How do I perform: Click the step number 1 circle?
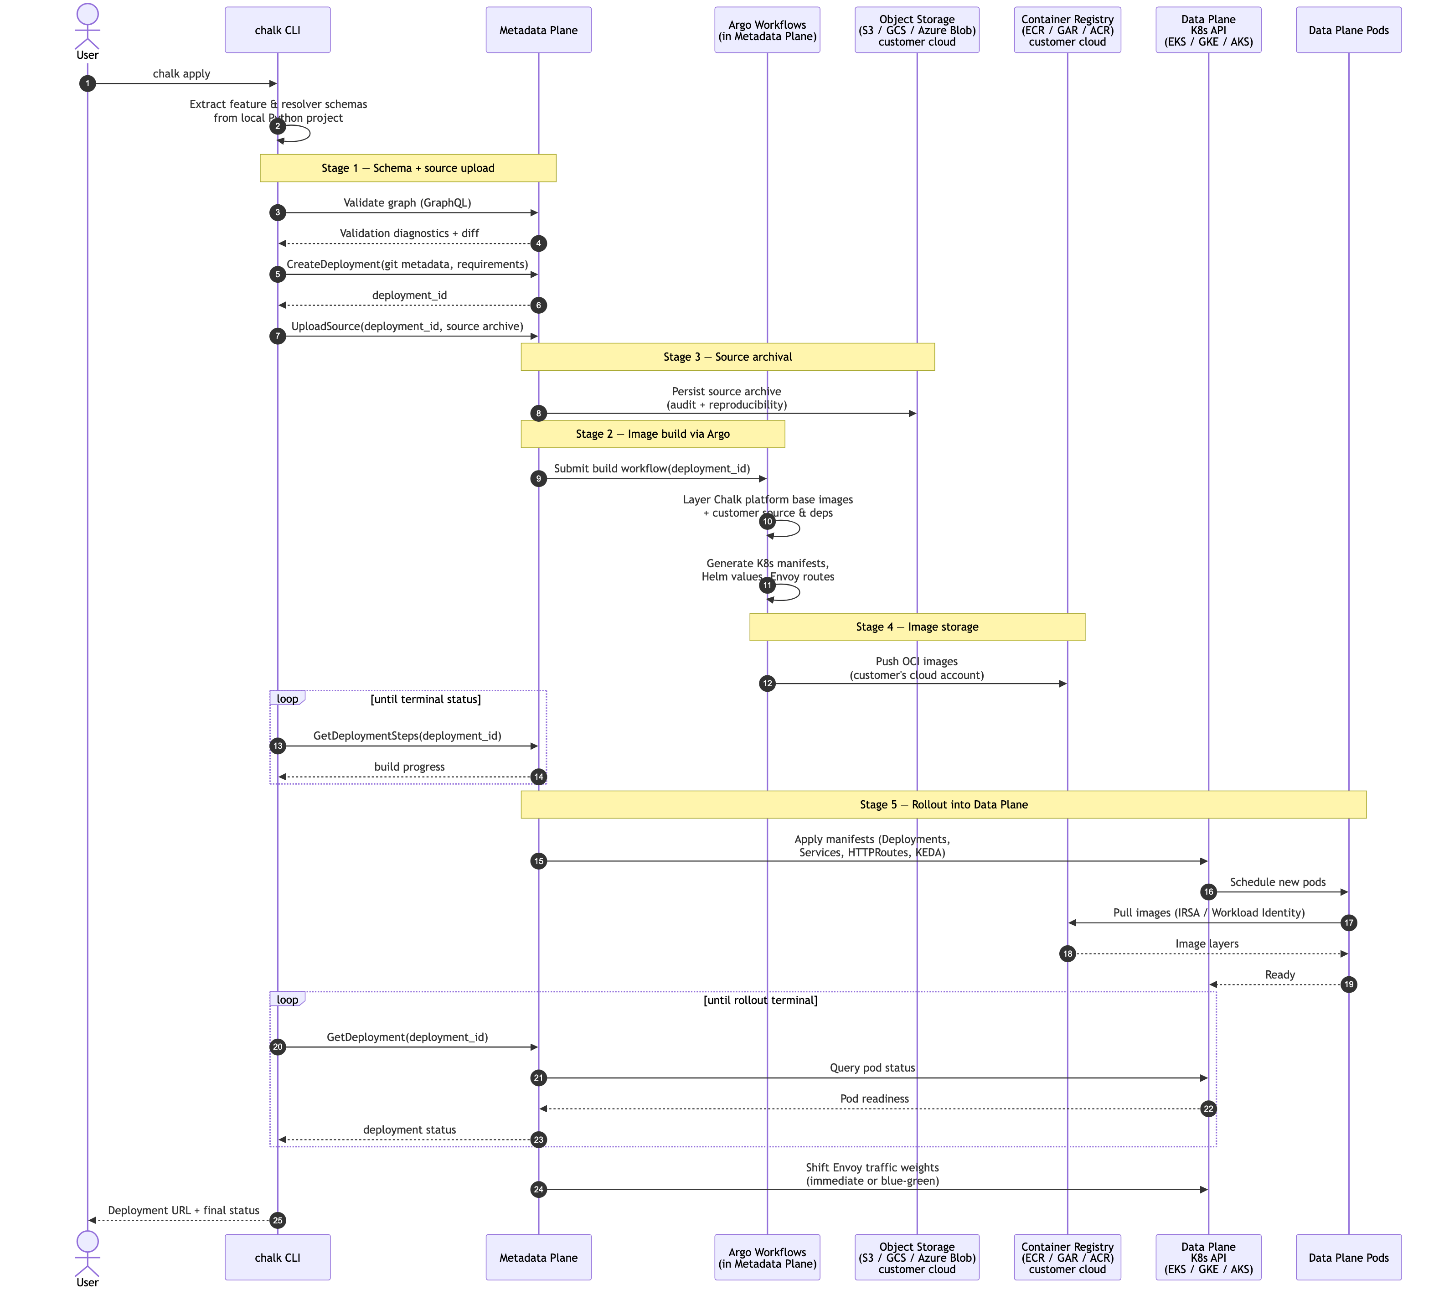tap(88, 84)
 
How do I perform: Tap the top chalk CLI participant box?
tap(278, 30)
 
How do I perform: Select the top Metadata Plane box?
tap(538, 30)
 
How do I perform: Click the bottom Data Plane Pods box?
tap(1348, 1257)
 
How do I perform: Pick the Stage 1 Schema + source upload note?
tap(407, 168)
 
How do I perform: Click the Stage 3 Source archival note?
tap(727, 357)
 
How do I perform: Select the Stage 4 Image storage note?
tap(917, 627)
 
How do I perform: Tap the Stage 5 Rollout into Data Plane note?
tap(943, 805)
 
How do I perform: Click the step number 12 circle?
tap(767, 684)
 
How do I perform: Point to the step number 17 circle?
tap(1348, 923)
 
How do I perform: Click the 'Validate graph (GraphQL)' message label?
tap(407, 203)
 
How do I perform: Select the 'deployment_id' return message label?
tap(409, 295)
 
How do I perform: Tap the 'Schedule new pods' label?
tap(1278, 882)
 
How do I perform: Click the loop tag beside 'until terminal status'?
tap(287, 699)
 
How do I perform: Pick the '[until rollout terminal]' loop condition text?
tap(760, 1000)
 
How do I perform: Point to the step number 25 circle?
tap(278, 1220)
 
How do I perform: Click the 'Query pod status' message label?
tap(872, 1068)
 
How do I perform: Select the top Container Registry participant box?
tap(1067, 30)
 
